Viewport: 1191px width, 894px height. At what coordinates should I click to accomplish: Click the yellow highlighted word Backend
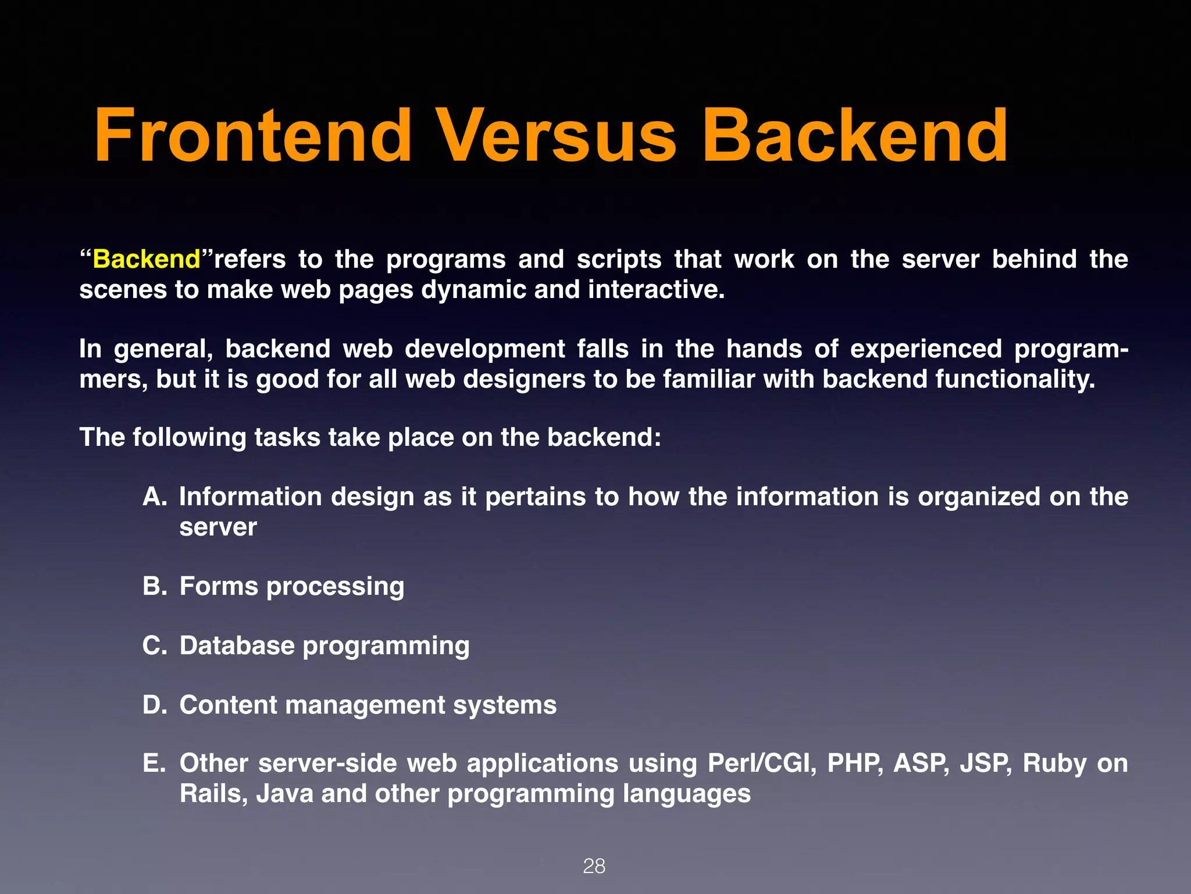click(x=147, y=260)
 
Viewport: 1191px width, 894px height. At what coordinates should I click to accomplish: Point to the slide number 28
click(x=594, y=866)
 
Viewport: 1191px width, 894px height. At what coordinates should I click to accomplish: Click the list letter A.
click(x=155, y=497)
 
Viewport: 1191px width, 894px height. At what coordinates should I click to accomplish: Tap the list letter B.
click(x=155, y=586)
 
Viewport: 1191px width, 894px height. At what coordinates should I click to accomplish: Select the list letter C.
click(x=155, y=645)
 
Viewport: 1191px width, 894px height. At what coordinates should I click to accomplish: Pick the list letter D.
click(x=155, y=705)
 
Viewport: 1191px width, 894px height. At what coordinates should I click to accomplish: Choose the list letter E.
click(x=154, y=764)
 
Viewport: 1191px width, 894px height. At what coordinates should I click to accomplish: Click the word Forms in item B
click(x=218, y=586)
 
